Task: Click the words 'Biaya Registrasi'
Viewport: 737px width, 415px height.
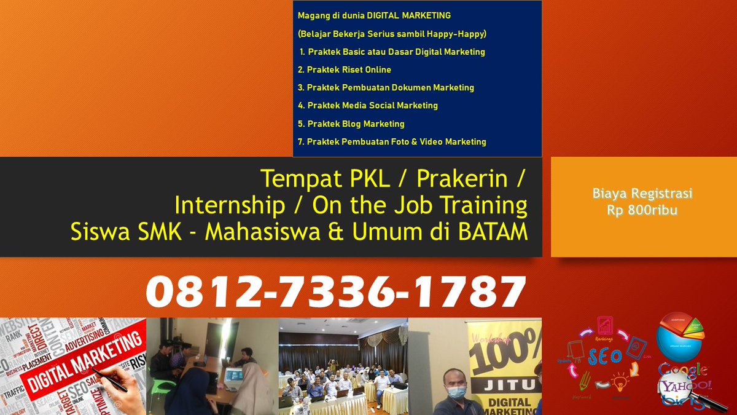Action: click(642, 194)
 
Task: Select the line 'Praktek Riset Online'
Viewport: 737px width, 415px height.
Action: click(345, 69)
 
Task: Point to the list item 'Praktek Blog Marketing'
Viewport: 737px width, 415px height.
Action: click(351, 124)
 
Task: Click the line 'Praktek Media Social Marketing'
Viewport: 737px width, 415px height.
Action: click(368, 105)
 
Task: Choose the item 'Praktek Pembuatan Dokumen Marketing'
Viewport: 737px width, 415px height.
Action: click(386, 87)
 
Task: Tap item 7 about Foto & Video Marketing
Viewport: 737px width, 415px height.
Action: click(392, 141)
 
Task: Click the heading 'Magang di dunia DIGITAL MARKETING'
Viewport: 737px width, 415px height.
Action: click(374, 15)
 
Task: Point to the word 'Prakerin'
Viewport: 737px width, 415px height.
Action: click(462, 178)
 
